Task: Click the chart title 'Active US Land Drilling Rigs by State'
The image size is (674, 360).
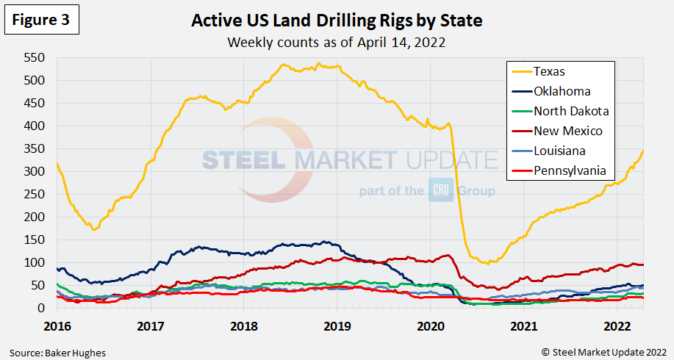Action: (337, 21)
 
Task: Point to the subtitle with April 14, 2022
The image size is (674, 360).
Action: (337, 42)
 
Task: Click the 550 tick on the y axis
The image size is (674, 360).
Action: (35, 57)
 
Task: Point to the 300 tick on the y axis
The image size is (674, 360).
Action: (35, 171)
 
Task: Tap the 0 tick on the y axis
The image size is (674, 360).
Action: (42, 309)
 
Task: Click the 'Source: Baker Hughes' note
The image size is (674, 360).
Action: (58, 353)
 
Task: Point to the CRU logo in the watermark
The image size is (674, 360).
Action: (443, 191)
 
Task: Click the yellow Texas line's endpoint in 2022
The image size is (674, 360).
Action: (643, 151)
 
